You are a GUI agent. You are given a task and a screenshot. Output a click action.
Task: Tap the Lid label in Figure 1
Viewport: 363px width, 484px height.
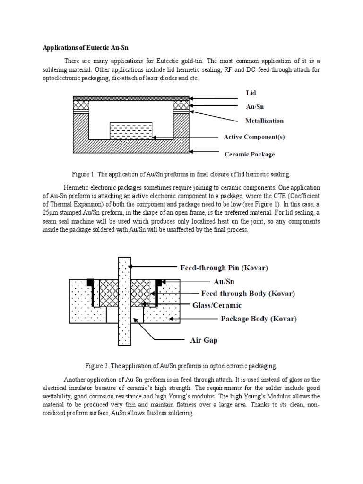[x=251, y=94]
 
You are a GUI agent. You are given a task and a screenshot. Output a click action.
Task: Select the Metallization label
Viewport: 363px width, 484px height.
[x=264, y=121]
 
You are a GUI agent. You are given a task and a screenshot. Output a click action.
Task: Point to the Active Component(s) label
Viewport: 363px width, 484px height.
[x=254, y=138]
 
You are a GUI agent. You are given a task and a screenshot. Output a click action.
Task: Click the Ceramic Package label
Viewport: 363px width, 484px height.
[x=249, y=154]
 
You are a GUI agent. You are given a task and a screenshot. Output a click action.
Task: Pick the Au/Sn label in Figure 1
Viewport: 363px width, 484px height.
[x=255, y=107]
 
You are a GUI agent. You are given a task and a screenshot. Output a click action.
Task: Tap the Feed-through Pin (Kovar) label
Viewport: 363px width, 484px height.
[x=224, y=268]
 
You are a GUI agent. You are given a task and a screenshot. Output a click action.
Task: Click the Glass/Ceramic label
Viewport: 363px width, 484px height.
[x=217, y=305]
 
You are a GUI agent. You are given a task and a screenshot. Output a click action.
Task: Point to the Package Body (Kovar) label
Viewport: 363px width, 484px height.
[x=259, y=319]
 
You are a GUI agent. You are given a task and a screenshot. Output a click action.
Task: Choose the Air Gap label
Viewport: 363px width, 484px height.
[x=204, y=340]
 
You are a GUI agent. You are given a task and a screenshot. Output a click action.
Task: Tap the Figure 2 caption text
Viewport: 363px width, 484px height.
[x=181, y=366]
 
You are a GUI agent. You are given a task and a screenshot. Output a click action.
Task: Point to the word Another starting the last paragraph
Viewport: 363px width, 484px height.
[x=76, y=380]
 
